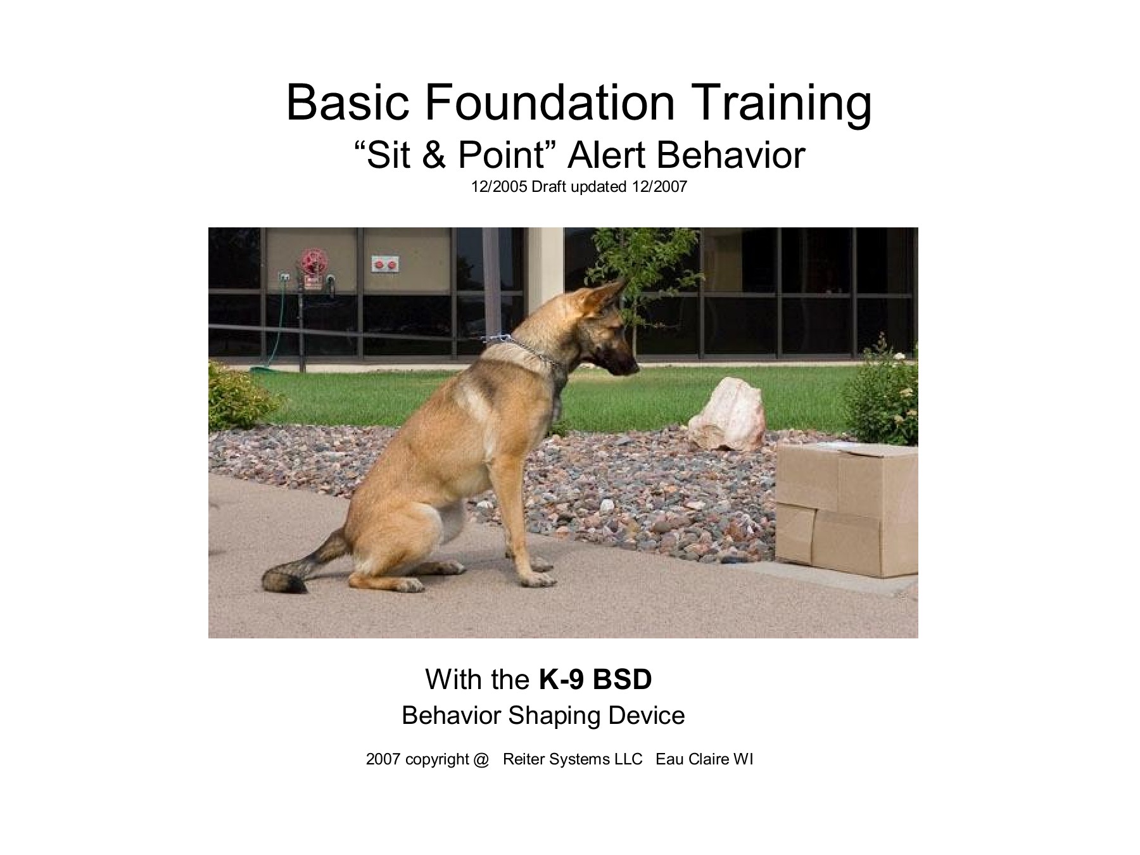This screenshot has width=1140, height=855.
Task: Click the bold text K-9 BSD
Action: pyautogui.click(x=595, y=680)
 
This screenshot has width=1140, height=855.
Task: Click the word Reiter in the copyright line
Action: pyautogui.click(x=524, y=759)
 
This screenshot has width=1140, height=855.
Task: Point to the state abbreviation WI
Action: pyautogui.click(x=743, y=759)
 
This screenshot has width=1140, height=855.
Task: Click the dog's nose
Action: pyautogui.click(x=634, y=366)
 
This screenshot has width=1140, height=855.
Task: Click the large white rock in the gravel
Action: pyautogui.click(x=728, y=415)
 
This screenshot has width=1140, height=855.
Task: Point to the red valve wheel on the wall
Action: pyautogui.click(x=311, y=262)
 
